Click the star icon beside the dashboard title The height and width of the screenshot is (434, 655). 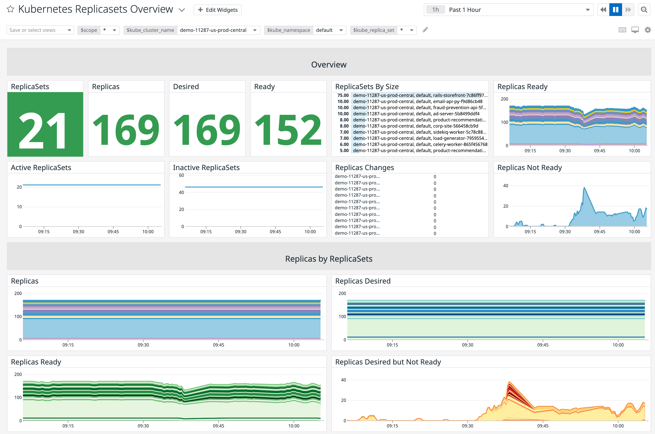point(10,9)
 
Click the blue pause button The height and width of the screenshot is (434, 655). point(615,10)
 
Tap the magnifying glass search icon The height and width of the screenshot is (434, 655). point(644,10)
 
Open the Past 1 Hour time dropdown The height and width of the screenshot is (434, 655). point(508,10)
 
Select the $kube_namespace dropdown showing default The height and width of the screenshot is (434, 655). point(329,30)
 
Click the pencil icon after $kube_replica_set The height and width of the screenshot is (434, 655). point(425,30)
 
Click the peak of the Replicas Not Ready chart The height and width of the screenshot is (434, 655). point(584,188)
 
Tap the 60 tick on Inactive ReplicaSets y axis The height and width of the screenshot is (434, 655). point(181,175)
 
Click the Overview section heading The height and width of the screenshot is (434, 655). point(328,64)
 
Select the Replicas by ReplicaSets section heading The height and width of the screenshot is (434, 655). point(328,259)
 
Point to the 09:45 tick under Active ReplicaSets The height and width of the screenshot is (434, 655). point(113,231)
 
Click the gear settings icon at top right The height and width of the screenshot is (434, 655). point(647,30)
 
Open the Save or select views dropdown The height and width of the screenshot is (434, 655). point(40,30)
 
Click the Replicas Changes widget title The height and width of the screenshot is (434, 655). point(364,167)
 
